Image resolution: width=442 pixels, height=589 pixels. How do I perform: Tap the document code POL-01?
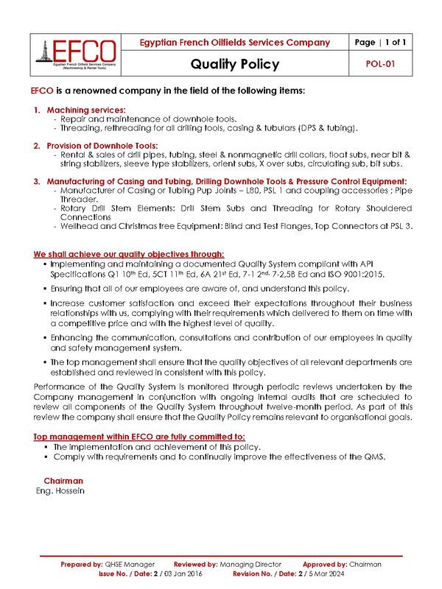(381, 64)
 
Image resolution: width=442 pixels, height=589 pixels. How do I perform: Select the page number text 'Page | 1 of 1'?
(381, 42)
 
